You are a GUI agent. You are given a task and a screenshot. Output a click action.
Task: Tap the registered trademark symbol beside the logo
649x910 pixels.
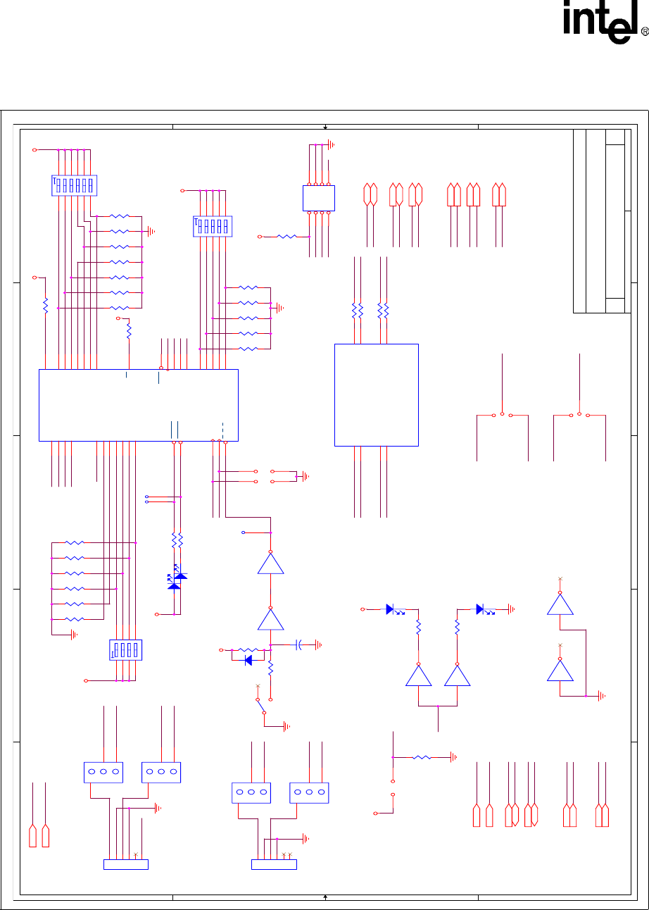pos(643,33)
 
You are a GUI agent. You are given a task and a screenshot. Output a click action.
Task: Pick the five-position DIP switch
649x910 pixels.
pos(213,226)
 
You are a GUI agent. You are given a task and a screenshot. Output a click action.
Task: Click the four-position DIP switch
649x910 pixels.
pos(127,649)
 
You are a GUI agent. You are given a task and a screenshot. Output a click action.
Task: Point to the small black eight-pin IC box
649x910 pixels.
pos(318,198)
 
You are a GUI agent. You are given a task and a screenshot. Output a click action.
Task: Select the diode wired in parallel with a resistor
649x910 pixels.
pos(247,661)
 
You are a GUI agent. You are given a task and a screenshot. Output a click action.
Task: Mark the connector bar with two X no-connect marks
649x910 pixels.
pos(274,864)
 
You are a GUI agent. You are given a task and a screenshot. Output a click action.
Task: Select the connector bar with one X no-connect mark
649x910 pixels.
pos(126,864)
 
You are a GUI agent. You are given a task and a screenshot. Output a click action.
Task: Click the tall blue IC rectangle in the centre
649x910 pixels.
pos(377,394)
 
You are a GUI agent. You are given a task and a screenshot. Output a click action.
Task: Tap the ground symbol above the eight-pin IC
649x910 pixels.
pos(332,146)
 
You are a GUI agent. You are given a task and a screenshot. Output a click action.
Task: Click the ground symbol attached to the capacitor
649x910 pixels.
pos(319,644)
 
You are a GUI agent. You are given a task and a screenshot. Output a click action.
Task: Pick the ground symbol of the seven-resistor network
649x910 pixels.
pos(151,231)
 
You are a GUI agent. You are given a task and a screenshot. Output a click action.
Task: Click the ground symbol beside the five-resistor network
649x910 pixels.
pos(281,308)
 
